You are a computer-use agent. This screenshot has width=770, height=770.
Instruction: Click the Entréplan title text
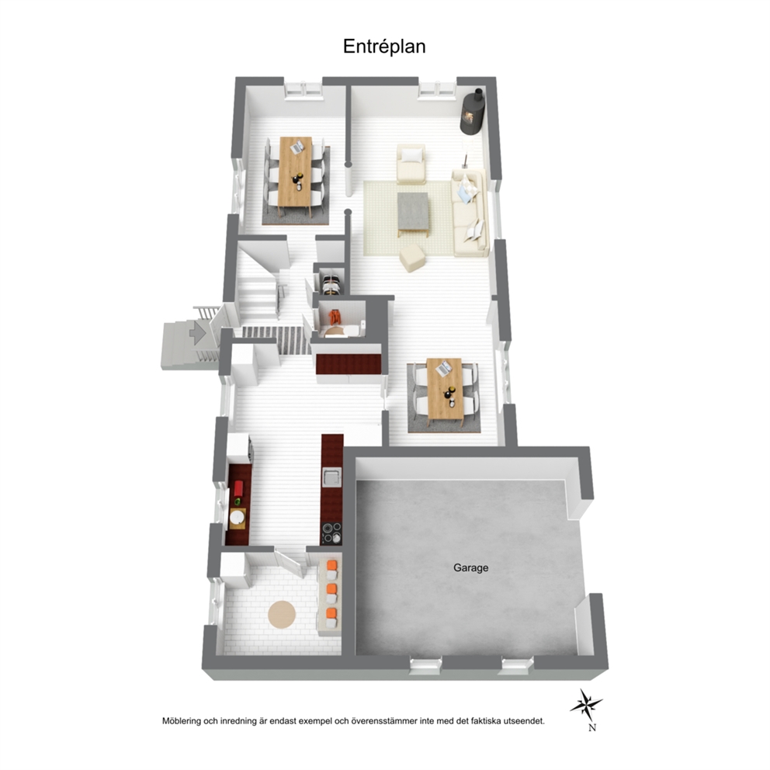[x=384, y=47]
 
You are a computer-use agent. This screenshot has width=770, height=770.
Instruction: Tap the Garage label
[x=470, y=567]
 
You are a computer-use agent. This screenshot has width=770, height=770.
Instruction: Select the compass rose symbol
[x=586, y=706]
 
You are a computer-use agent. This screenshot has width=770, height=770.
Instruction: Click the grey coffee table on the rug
[x=414, y=211]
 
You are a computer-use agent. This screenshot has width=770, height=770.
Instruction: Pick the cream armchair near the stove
[x=411, y=164]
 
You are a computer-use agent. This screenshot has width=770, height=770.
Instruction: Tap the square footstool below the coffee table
[x=412, y=258]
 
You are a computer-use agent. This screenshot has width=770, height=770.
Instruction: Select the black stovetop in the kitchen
[x=331, y=533]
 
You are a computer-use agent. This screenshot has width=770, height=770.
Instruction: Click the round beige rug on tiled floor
[x=282, y=614]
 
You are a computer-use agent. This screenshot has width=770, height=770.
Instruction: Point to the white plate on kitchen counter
[x=238, y=518]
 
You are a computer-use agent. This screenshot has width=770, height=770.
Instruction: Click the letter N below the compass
[x=592, y=728]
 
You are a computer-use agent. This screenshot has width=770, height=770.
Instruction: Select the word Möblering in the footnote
[x=182, y=721]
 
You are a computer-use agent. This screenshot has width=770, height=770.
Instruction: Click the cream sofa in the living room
[x=470, y=213]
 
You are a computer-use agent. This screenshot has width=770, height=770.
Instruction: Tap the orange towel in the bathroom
[x=336, y=316]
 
